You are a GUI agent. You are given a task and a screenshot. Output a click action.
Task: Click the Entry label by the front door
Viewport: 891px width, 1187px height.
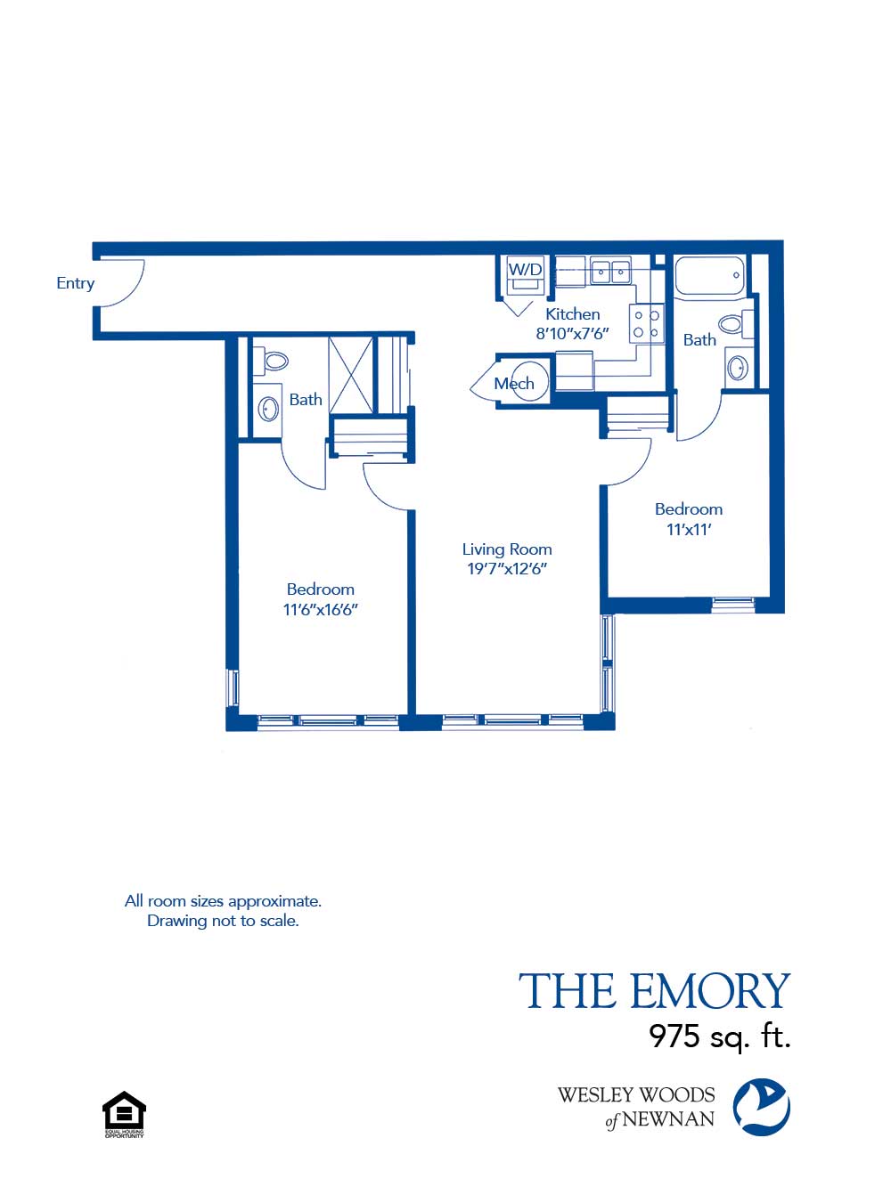tap(75, 283)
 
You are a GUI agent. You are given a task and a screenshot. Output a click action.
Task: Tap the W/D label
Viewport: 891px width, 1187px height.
tap(525, 269)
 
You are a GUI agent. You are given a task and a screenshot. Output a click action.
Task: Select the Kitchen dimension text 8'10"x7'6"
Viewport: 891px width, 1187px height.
tap(572, 334)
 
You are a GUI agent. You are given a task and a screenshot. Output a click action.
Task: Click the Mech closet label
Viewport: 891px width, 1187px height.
tap(514, 384)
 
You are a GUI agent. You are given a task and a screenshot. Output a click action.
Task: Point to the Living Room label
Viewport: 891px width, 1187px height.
tap(507, 549)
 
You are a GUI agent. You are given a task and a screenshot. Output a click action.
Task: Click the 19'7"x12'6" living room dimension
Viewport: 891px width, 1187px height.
tap(507, 569)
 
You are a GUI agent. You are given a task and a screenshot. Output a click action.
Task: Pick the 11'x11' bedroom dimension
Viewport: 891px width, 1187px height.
tap(689, 530)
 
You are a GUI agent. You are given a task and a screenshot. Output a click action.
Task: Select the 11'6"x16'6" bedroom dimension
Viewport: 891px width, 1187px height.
tap(320, 610)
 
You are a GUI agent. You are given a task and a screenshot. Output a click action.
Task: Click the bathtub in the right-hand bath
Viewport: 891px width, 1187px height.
tap(709, 276)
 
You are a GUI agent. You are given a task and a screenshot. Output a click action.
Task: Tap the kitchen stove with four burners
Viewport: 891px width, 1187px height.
tap(646, 323)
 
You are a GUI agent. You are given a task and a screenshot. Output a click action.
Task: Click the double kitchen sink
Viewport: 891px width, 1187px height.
tap(610, 271)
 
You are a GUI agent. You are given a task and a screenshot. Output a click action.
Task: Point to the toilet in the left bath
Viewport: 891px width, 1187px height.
tap(275, 361)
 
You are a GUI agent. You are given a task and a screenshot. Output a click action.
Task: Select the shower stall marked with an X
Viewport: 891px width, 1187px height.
tap(351, 375)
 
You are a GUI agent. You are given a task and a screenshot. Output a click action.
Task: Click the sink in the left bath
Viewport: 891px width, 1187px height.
tap(268, 409)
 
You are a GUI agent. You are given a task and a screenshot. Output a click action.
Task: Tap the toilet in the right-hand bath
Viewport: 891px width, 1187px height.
tap(733, 322)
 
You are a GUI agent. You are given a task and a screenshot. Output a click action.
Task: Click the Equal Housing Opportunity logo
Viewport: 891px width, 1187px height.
tap(124, 1114)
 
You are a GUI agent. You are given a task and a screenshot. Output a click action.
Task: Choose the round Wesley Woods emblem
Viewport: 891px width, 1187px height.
tap(761, 1107)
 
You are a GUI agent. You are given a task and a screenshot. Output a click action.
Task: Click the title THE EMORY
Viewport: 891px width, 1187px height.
tap(654, 992)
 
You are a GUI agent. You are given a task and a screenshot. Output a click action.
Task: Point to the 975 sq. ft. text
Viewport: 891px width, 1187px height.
tap(719, 1036)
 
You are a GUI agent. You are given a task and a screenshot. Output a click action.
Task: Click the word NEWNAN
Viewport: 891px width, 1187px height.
tap(668, 1119)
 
